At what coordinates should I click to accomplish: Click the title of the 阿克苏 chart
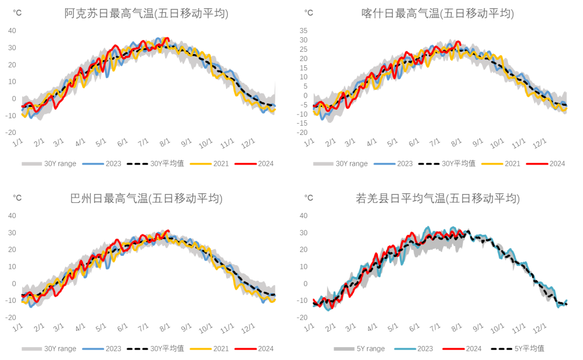146,14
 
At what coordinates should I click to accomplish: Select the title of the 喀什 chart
437,14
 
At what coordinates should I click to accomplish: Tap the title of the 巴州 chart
146,199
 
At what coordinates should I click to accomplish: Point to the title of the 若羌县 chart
437,199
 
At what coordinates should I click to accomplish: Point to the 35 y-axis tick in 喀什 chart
303,30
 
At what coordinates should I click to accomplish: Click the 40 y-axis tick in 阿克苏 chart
12,30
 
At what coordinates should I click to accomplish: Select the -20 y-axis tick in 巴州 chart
10,317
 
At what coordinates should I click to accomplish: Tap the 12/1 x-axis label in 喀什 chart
540,144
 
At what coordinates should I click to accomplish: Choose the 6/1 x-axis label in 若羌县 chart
415,328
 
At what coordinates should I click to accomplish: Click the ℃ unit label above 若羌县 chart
308,198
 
